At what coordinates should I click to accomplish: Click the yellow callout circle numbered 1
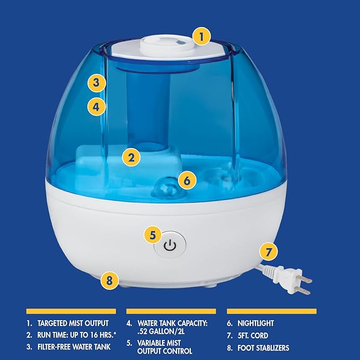(x=201, y=37)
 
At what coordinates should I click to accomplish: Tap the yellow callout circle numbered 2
(x=131, y=157)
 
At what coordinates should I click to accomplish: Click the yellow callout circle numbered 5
(x=153, y=234)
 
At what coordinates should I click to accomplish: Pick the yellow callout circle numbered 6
(x=187, y=180)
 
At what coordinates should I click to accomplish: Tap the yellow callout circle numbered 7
(x=269, y=251)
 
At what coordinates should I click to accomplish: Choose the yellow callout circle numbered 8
(x=109, y=279)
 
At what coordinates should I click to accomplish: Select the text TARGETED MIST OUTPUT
(x=73, y=322)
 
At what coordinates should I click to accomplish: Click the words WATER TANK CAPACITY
(x=173, y=322)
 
